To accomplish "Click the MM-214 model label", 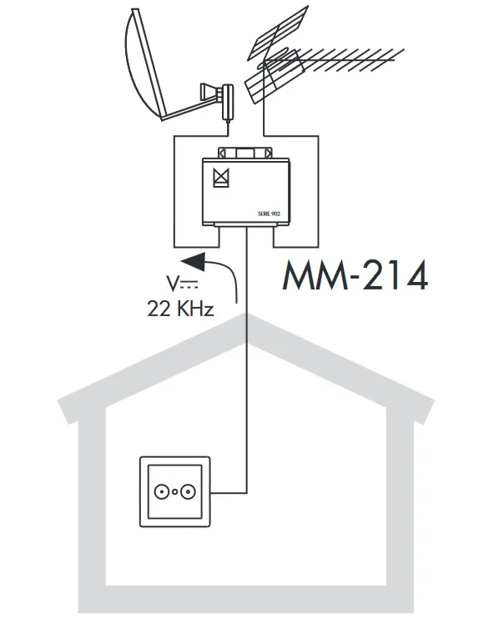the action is [x=355, y=275].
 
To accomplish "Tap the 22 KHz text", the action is [x=180, y=309].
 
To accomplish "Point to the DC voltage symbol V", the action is [x=173, y=283].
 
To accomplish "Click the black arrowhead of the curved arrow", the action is [x=194, y=261].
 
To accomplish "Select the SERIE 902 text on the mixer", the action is [x=269, y=214].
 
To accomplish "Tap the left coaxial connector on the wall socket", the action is [x=161, y=491].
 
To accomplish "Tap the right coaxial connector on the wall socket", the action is [x=188, y=491].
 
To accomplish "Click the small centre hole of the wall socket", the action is [x=174, y=492].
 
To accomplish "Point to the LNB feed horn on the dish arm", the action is [x=210, y=92].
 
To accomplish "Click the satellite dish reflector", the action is [x=144, y=64].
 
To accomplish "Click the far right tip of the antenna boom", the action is [x=405, y=49].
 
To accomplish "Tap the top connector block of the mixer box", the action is [x=244, y=153].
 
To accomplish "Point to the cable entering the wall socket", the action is [x=229, y=493].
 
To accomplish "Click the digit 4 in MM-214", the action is [x=415, y=275].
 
